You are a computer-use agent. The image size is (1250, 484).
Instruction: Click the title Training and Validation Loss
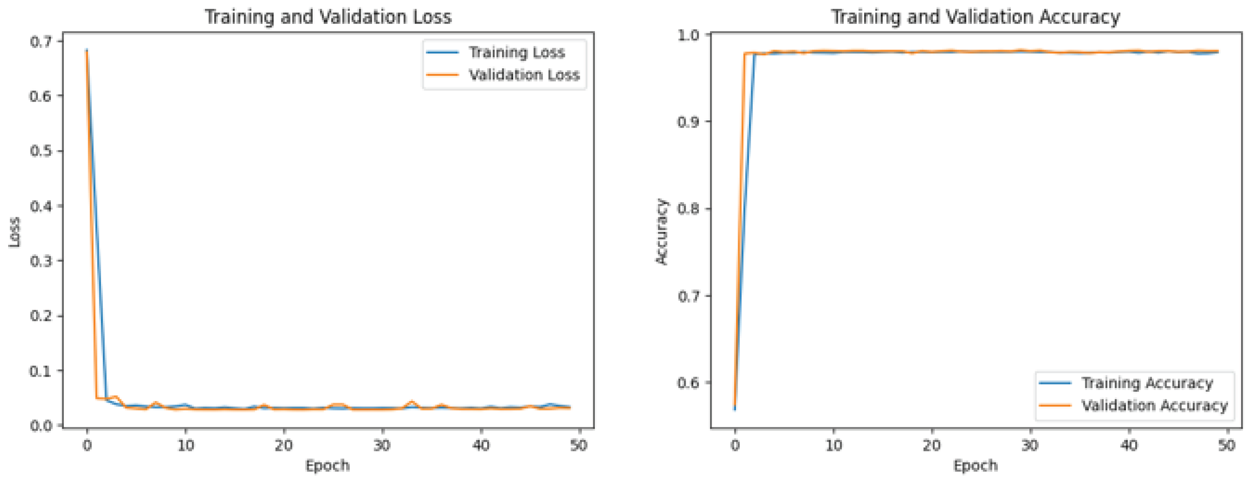pos(328,17)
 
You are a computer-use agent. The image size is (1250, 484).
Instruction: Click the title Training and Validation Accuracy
pos(976,17)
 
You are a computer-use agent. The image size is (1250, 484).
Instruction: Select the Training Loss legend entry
pos(516,52)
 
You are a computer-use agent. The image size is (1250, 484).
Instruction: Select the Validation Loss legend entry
pos(524,75)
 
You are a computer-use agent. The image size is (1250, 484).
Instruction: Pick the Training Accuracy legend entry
pos(1147,383)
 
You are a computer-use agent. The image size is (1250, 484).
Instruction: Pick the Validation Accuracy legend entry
pos(1154,406)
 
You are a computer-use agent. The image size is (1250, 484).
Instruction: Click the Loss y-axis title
pos(15,232)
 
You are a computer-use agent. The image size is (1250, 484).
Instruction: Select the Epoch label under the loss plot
pos(327,466)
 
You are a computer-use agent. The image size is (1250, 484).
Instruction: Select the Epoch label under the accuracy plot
pos(976,466)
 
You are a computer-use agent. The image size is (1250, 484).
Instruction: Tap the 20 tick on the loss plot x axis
pos(283,445)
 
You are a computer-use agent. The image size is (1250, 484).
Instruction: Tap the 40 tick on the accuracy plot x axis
pos(1129,445)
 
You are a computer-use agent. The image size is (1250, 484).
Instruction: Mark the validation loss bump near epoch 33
pos(412,402)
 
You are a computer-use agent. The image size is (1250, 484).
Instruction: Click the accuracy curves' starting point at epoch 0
pos(735,408)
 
